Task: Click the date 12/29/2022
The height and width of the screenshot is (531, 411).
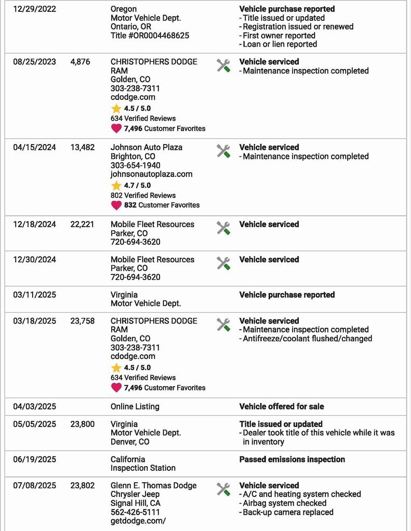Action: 34,9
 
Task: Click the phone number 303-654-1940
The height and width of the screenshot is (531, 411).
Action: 135,165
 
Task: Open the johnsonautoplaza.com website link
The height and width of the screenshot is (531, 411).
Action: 151,174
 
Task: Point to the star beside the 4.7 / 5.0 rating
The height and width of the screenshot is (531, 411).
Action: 116,185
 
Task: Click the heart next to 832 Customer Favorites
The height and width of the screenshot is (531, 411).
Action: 116,205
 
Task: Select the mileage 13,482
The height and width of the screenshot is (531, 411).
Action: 83,147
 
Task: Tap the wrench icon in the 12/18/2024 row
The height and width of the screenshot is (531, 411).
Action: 223,228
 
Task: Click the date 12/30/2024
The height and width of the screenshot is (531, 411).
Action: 34,260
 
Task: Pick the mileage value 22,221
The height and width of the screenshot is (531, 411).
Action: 83,225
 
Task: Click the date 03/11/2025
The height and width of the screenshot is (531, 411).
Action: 34,295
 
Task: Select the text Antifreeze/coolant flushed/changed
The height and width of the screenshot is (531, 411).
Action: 307,339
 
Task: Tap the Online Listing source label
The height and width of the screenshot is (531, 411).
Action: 135,407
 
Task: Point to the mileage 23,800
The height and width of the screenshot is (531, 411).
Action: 83,424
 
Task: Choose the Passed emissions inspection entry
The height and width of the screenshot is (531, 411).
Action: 292,459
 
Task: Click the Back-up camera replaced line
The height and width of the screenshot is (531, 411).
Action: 288,512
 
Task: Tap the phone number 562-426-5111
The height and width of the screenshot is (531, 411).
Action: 135,512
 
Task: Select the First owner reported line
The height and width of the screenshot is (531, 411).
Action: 279,36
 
